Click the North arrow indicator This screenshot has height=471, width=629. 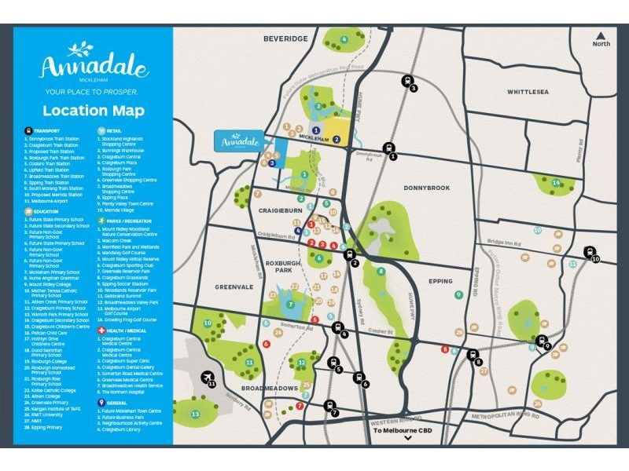point(601,38)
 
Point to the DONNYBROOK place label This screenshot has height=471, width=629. point(427,188)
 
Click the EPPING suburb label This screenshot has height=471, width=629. point(441,281)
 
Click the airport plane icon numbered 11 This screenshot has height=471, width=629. point(208,379)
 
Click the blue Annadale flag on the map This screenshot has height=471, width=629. point(241,141)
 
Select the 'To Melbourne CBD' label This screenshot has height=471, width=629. point(407,431)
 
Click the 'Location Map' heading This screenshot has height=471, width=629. point(94,111)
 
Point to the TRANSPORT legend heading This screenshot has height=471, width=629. point(47,132)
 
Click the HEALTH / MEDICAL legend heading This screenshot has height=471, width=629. point(123,331)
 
